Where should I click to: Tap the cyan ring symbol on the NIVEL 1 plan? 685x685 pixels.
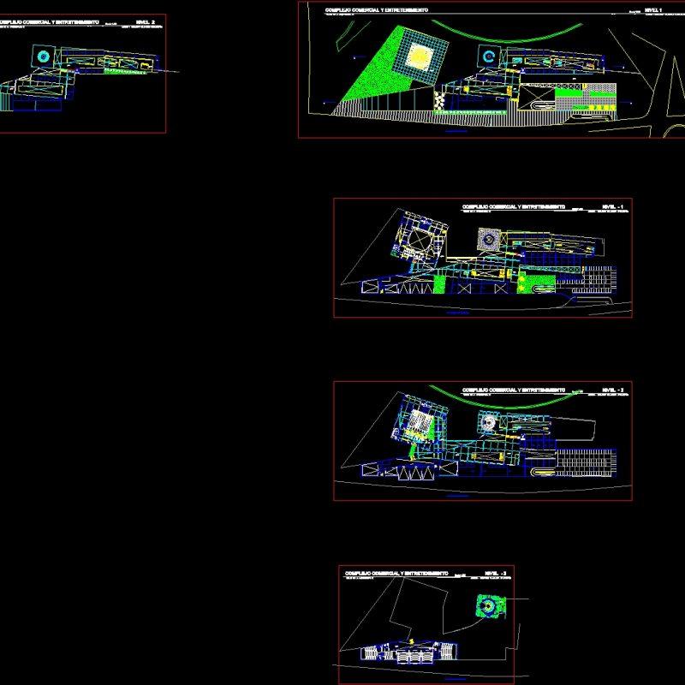coord(487,57)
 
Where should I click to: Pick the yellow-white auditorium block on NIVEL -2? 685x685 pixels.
coord(419,422)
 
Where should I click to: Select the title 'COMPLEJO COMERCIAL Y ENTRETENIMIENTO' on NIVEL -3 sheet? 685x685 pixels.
coord(396,572)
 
